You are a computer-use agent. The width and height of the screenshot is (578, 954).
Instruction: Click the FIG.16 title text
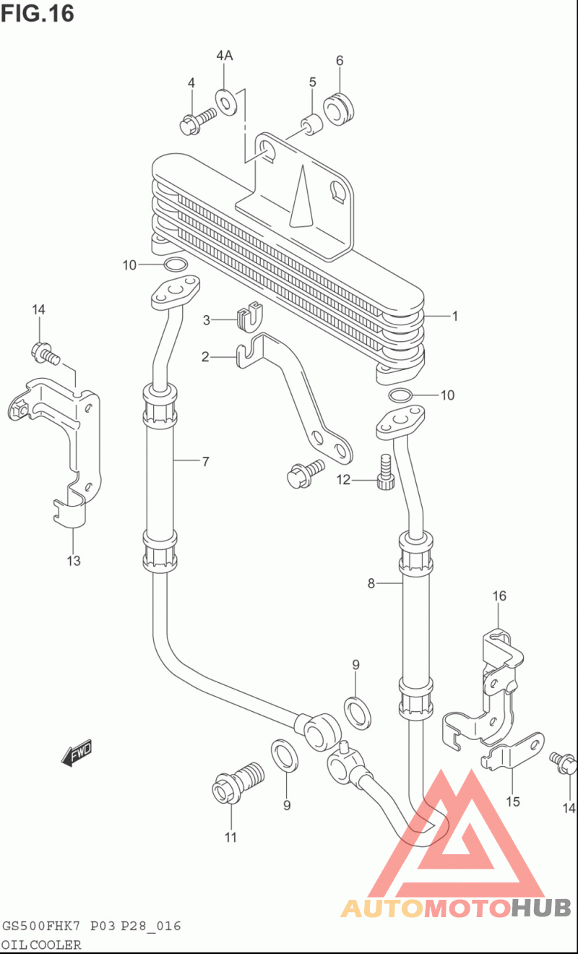pyautogui.click(x=38, y=13)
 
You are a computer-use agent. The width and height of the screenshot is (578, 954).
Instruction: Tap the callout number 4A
pyautogui.click(x=224, y=56)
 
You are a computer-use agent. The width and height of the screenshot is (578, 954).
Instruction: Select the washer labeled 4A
pyautogui.click(x=226, y=102)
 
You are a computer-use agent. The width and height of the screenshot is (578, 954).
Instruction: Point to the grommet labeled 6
pyautogui.click(x=340, y=109)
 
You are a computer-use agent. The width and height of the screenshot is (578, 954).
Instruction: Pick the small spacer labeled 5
pyautogui.click(x=312, y=124)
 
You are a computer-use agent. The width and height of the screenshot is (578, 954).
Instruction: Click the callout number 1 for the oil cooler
pyautogui.click(x=455, y=316)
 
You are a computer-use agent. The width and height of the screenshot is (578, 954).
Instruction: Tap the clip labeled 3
pyautogui.click(x=250, y=317)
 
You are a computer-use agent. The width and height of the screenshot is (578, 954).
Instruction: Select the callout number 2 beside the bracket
pyautogui.click(x=205, y=357)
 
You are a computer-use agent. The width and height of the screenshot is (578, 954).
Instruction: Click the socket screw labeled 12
pyautogui.click(x=386, y=472)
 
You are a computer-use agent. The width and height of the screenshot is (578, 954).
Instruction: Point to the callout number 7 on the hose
pyautogui.click(x=206, y=462)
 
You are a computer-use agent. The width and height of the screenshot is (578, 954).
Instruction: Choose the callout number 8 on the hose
pyautogui.click(x=371, y=583)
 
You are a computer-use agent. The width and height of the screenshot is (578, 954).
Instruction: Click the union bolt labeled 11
pyautogui.click(x=238, y=782)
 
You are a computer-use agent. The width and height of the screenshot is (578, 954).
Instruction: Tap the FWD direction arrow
pyautogui.click(x=77, y=752)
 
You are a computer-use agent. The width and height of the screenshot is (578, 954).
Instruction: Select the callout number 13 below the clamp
pyautogui.click(x=74, y=561)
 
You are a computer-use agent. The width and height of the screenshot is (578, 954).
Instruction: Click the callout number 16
pyautogui.click(x=499, y=596)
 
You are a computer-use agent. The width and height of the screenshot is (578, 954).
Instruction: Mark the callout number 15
pyautogui.click(x=513, y=802)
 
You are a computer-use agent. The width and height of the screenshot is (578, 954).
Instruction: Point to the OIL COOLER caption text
pyautogui.click(x=41, y=945)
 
